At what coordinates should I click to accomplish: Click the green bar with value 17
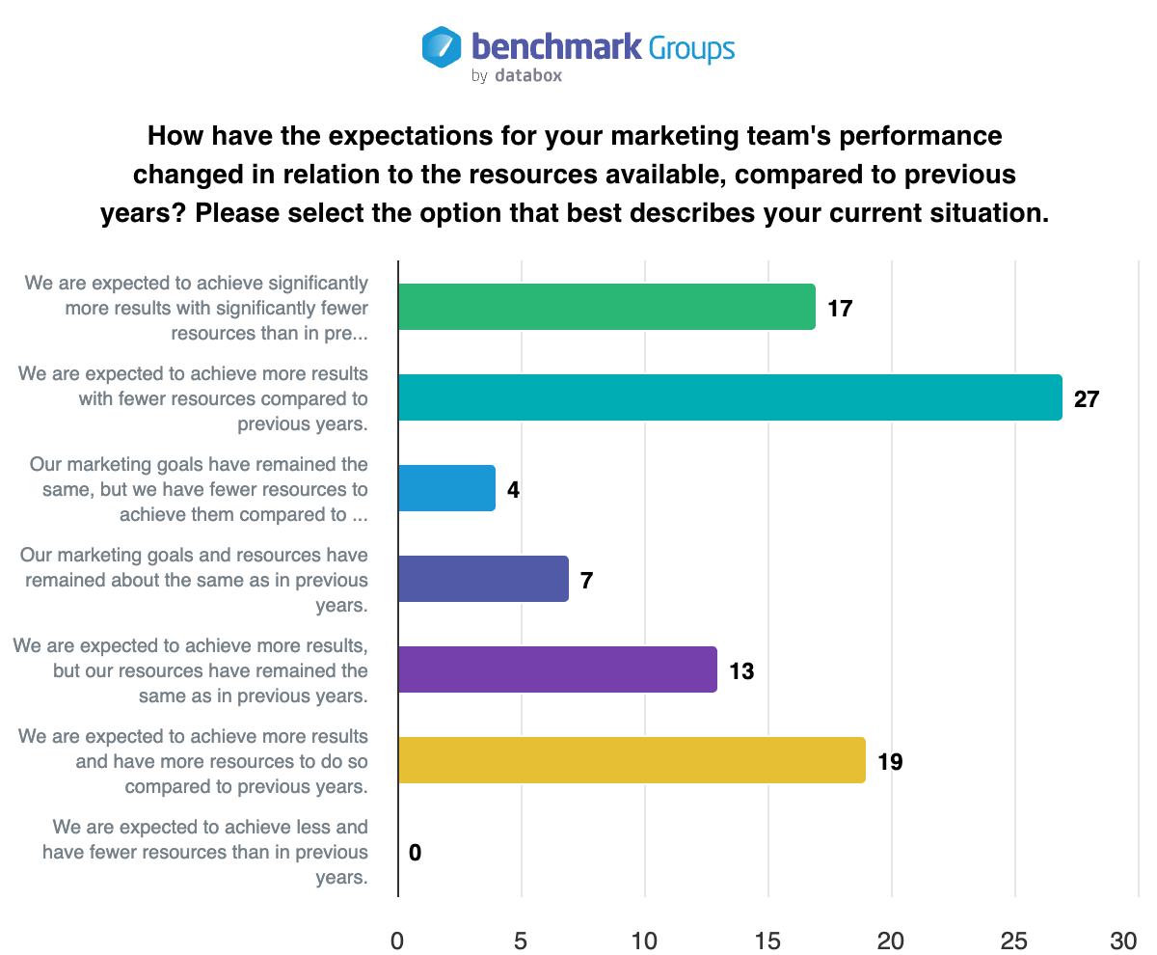pos(606,307)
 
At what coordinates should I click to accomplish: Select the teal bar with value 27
pos(730,397)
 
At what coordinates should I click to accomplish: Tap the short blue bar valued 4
pos(446,488)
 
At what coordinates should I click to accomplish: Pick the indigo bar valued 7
pos(483,579)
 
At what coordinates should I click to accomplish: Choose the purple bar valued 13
pos(557,669)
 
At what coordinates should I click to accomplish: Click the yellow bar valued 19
pos(632,760)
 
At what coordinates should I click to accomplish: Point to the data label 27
pos(1087,398)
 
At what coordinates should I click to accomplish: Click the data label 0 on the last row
pos(415,852)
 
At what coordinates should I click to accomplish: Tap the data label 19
pos(890,761)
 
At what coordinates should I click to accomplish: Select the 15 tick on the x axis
pos(768,940)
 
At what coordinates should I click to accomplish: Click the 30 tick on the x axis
pos(1124,940)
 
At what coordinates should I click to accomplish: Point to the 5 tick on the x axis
pos(521,940)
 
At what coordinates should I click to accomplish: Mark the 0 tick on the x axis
pos(397,940)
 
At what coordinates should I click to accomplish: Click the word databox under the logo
pos(527,75)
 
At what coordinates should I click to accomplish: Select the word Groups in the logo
pos(691,47)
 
